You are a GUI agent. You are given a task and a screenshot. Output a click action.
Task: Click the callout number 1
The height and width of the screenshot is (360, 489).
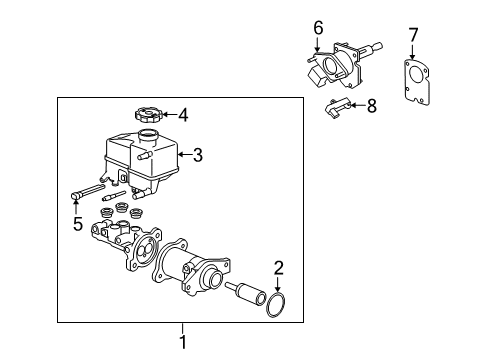182,342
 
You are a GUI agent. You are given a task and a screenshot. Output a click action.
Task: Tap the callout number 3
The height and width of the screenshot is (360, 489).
197,155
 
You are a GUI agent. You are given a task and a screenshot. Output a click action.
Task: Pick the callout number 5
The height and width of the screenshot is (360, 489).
77,225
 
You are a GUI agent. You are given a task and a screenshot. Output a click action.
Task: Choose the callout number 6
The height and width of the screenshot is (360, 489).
319,28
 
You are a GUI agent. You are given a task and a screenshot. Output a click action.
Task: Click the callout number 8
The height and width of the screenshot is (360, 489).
371,105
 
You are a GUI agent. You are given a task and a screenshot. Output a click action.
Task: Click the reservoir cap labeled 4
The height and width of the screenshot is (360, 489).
147,115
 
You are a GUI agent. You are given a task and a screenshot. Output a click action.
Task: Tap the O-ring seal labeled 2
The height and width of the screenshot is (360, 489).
280,307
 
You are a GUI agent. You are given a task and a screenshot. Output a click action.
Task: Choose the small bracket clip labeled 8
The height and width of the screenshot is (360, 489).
339,107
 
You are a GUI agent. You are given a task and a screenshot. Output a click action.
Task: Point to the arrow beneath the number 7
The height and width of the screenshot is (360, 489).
413,56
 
